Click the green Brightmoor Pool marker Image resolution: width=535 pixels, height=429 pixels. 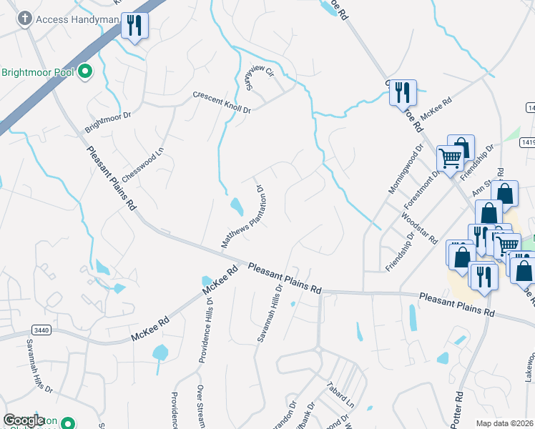click(x=85, y=71)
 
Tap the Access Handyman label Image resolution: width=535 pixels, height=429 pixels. click(x=69, y=19)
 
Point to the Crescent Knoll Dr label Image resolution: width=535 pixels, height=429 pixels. click(x=222, y=103)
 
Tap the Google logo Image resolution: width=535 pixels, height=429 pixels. click(x=24, y=420)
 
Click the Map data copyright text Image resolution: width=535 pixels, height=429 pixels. click(x=505, y=423)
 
